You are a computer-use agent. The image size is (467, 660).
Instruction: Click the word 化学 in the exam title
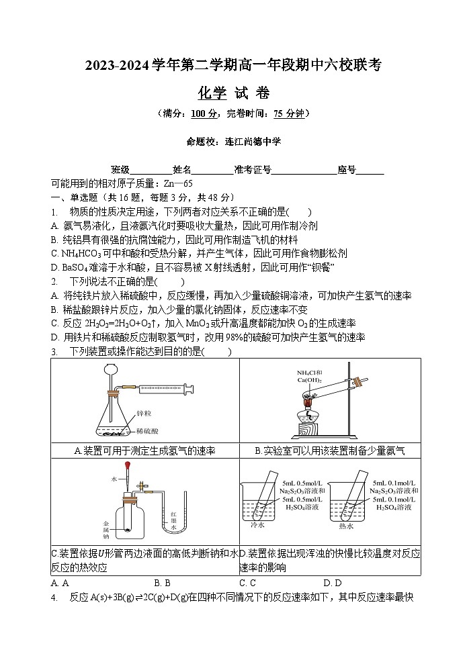tap(213, 93)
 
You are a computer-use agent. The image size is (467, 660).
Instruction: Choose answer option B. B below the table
tap(162, 583)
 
